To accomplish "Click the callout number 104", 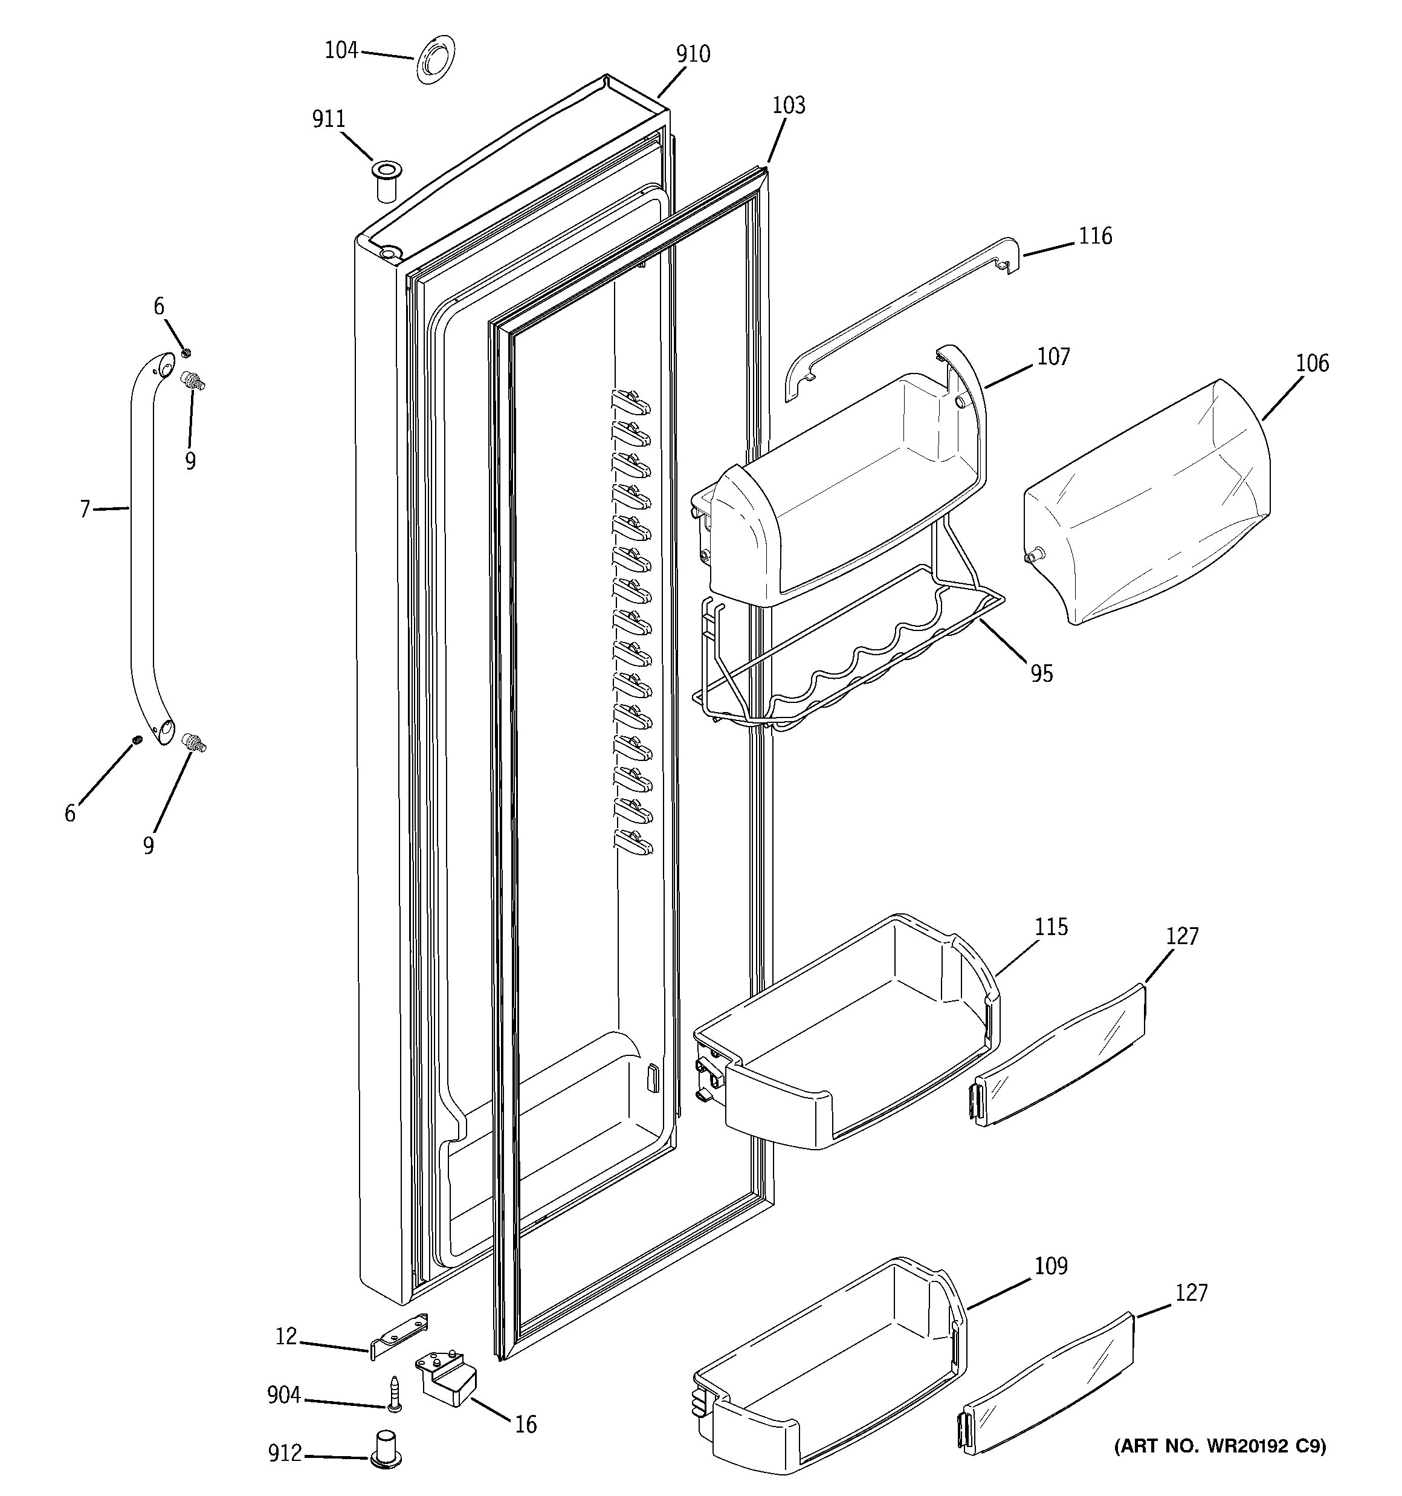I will click(341, 50).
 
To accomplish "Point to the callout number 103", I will click(788, 105).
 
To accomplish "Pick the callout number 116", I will click(1095, 236).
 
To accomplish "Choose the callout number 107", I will click(1053, 357).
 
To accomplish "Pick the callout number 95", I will click(1041, 673).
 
